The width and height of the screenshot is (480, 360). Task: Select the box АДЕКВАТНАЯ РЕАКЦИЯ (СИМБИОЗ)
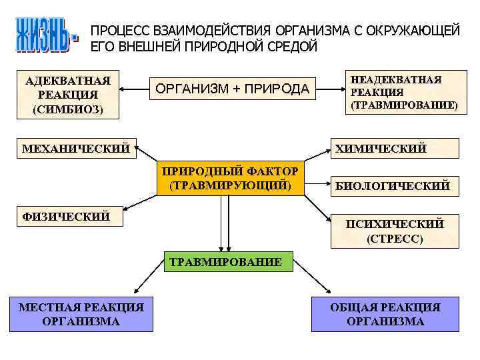click(68, 95)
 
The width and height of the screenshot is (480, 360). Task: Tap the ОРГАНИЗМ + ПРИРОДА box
click(232, 89)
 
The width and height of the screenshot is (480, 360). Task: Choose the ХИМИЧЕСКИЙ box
click(395, 148)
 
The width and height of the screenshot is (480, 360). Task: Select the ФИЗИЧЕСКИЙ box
click(65, 215)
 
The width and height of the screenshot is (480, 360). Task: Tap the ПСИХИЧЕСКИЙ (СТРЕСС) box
click(395, 230)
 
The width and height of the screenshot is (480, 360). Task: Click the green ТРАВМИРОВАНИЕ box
click(226, 262)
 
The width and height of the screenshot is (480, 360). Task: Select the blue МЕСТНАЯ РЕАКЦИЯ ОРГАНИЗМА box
click(81, 314)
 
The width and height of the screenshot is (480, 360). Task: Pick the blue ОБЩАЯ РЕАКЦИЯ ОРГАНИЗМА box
click(385, 314)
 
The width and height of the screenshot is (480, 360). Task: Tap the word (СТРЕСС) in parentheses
click(395, 238)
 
